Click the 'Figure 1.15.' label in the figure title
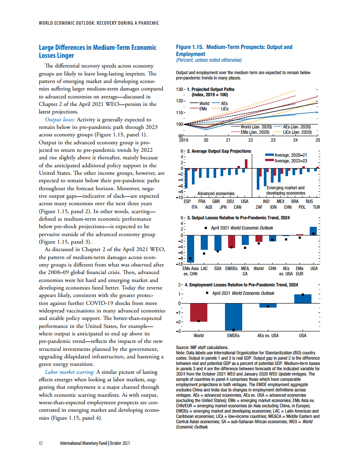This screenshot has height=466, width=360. [x=190, y=47]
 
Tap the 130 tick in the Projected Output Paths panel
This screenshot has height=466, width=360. [x=180, y=90]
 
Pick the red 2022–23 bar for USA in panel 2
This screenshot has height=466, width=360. [x=246, y=163]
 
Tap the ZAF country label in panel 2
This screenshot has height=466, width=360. [x=259, y=207]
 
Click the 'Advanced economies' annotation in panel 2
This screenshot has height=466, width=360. [x=215, y=193]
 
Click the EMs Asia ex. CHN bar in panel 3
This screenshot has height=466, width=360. [x=191, y=249]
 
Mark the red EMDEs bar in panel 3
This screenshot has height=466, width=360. [x=232, y=241]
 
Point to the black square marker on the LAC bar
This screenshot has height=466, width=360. [x=204, y=254]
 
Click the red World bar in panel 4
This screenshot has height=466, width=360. [x=199, y=312]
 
